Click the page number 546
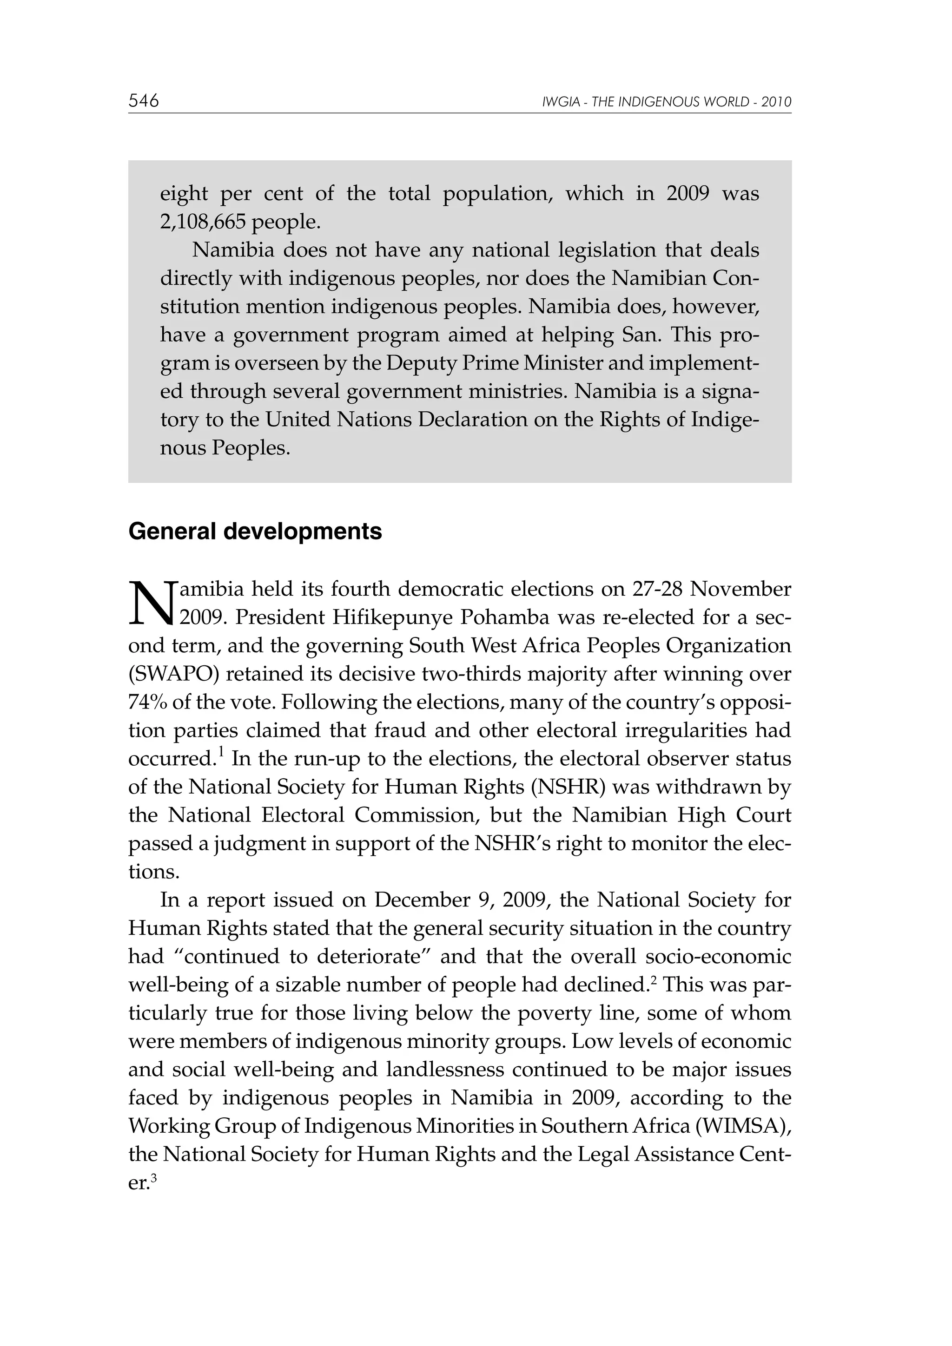(144, 101)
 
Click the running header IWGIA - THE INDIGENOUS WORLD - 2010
(667, 102)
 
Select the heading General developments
(255, 531)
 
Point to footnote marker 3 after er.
(154, 1176)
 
